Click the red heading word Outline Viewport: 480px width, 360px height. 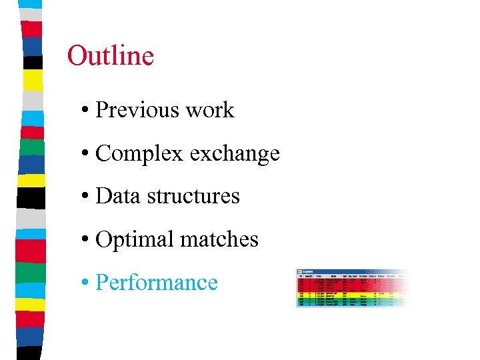point(111,56)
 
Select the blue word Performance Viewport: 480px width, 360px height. point(157,283)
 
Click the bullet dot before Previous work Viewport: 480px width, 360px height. point(87,111)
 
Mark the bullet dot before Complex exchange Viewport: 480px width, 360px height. point(87,154)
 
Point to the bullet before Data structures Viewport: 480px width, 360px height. point(87,197)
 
